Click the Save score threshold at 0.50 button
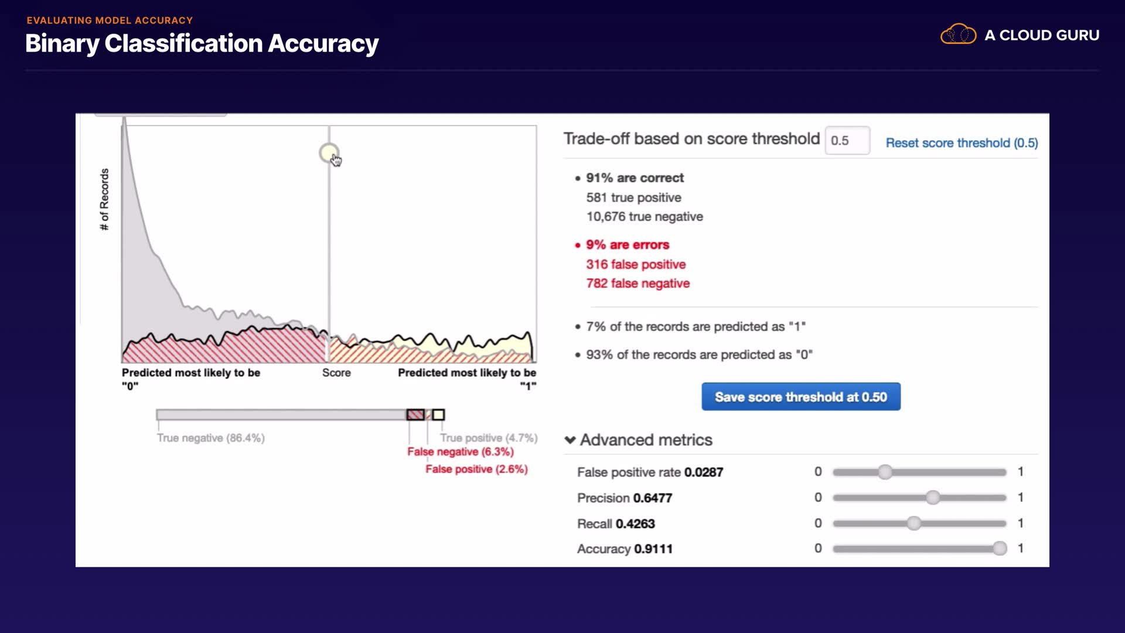pos(800,397)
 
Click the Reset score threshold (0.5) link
pos(962,143)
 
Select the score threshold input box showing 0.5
pos(847,141)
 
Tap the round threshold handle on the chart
pos(329,153)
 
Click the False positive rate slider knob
pos(885,472)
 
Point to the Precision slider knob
pos(933,498)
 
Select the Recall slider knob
pos(913,523)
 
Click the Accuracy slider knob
pos(1000,549)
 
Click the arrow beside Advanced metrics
pos(570,440)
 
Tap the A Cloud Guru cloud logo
pos(958,35)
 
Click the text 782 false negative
pos(637,284)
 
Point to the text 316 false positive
pos(636,264)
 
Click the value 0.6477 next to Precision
pos(652,498)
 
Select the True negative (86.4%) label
pos(210,438)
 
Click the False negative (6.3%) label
pos(461,452)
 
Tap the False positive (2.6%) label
pos(476,469)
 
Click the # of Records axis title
pos(104,199)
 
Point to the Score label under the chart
pos(336,373)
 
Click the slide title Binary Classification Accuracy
pos(202,43)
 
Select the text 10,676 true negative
pos(645,217)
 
